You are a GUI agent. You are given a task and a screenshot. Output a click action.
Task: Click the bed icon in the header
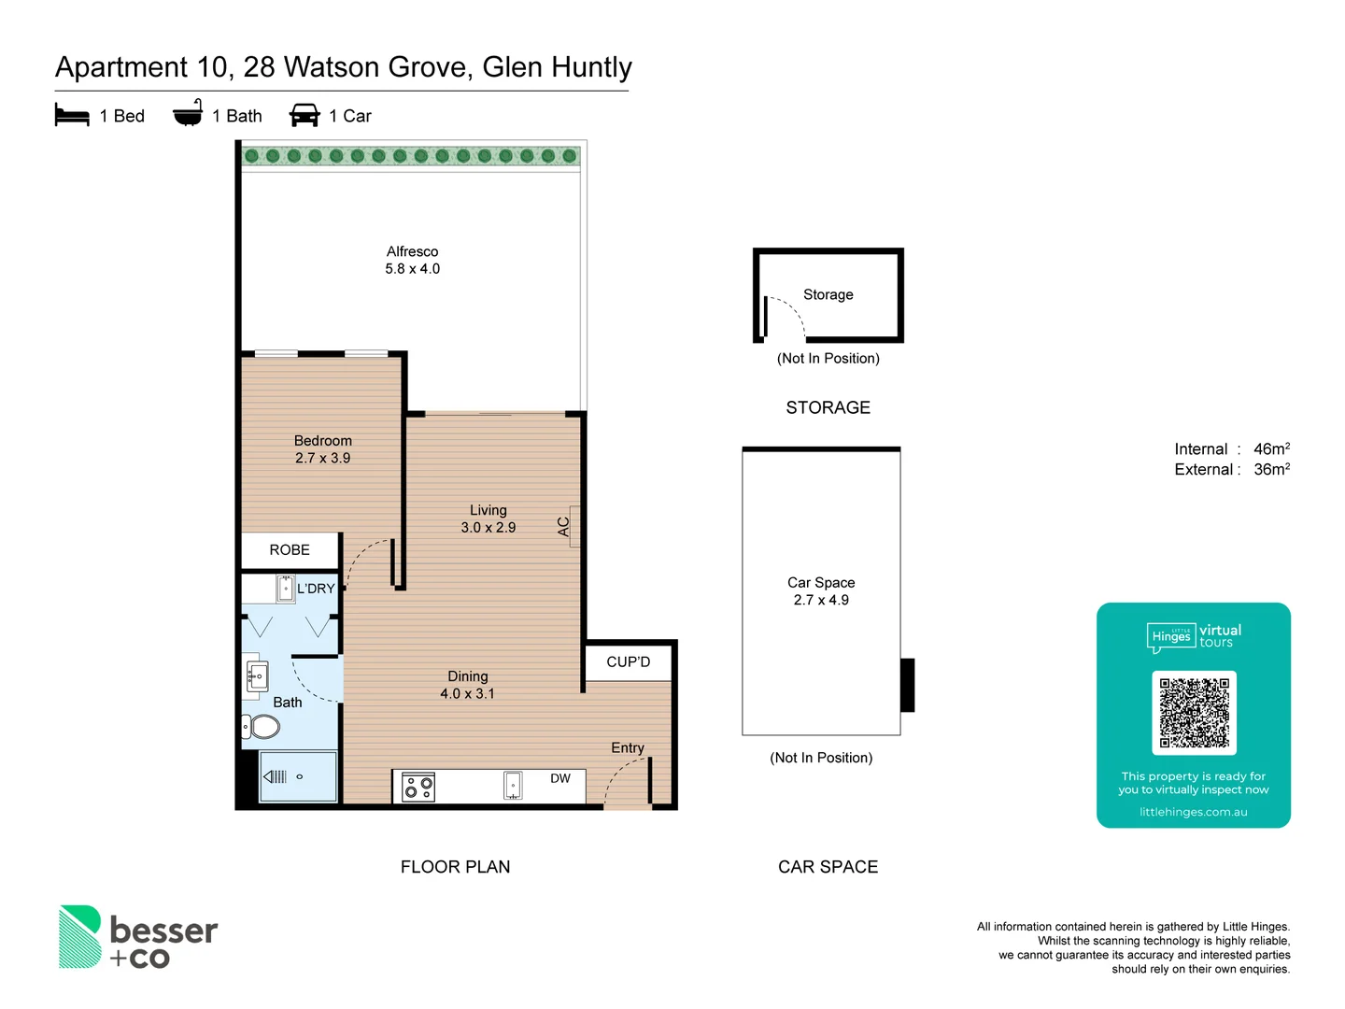(x=72, y=115)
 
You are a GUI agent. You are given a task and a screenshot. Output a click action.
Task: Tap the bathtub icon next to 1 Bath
(x=188, y=113)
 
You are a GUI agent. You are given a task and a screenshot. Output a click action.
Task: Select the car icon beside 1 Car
(x=304, y=115)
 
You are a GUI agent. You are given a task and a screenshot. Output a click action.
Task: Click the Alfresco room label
(x=412, y=251)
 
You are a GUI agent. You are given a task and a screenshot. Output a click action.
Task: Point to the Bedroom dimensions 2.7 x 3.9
(x=322, y=458)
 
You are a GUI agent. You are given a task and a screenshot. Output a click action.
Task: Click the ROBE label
(x=290, y=550)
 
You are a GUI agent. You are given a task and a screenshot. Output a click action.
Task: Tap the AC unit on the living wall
(x=574, y=526)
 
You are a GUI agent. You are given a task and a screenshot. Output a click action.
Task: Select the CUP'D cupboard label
(x=628, y=662)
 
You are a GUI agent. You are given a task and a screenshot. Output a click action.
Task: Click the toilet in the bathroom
(x=262, y=726)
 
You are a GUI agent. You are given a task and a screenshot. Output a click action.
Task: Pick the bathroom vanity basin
(x=257, y=675)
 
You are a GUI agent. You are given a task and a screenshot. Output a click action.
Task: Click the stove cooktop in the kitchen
(x=418, y=788)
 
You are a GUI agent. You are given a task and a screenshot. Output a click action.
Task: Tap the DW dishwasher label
(x=560, y=778)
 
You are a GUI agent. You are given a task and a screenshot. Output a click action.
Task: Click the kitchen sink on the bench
(x=513, y=786)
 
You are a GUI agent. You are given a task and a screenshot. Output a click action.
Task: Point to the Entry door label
(x=628, y=747)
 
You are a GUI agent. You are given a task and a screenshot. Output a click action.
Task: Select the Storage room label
(x=828, y=294)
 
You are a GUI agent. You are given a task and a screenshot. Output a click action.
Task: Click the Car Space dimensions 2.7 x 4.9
(x=821, y=600)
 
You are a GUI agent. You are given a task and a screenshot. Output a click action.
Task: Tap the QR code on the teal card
(x=1194, y=712)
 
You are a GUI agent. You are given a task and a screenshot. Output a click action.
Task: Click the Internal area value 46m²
(x=1271, y=449)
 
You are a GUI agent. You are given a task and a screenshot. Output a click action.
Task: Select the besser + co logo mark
(x=80, y=936)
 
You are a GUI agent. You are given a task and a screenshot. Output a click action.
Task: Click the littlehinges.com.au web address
(x=1193, y=812)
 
